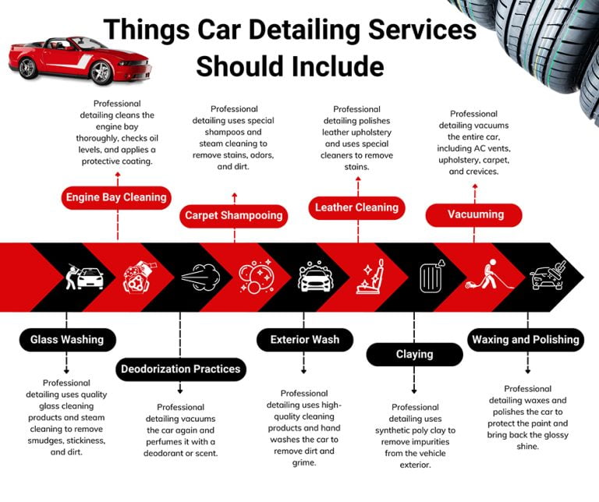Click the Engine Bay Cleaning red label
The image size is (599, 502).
pyautogui.click(x=117, y=197)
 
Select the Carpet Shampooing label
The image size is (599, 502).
pyautogui.click(x=234, y=215)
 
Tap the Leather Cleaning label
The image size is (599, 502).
pyautogui.click(x=356, y=207)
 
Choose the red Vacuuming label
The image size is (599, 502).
pyautogui.click(x=475, y=214)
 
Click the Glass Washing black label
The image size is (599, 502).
pyautogui.click(x=68, y=339)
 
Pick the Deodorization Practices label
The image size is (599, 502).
pyautogui.click(x=180, y=369)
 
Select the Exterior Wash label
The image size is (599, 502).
pyautogui.click(x=304, y=339)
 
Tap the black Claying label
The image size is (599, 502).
pyautogui.click(x=414, y=354)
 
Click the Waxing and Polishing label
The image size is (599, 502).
pyautogui.click(x=526, y=339)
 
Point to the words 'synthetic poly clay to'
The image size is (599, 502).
pyautogui.click(x=415, y=430)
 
